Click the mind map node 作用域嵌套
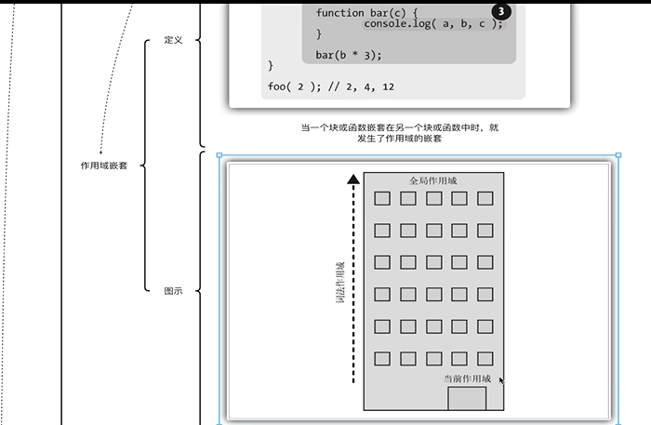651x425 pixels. coord(104,166)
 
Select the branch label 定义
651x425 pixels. coord(173,40)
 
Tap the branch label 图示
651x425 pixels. coord(173,291)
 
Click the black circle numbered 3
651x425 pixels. coord(500,11)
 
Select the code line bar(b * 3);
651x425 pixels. coord(349,55)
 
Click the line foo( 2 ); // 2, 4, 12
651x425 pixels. coord(330,86)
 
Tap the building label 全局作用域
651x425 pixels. coord(433,180)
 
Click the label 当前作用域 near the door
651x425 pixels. coord(467,379)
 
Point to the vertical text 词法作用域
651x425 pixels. coord(341,284)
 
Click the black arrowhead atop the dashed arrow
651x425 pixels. coord(352,179)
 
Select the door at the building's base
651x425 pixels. coord(467,398)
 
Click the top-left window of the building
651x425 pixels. coord(381,198)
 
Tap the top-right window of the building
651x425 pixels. coord(485,198)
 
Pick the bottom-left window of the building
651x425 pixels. coord(381,358)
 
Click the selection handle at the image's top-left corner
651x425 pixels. coord(219,155)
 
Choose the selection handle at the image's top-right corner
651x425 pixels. coord(618,155)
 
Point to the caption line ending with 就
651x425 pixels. coord(399,127)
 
